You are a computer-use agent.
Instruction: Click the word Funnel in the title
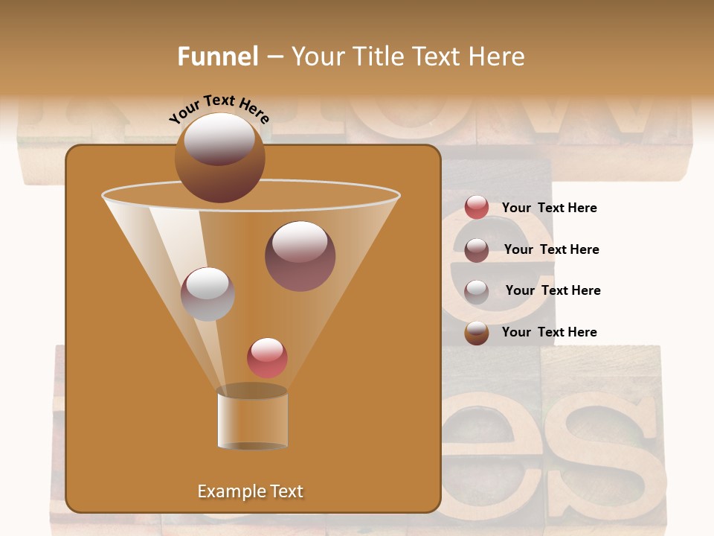tap(217, 57)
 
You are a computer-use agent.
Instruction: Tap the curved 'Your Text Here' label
tap(219, 109)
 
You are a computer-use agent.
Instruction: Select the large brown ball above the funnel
tap(219, 157)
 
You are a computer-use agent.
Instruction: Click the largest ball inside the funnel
tap(300, 255)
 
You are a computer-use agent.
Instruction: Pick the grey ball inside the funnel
tap(208, 294)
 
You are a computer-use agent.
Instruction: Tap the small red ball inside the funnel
tap(267, 357)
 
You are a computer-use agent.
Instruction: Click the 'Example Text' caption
tap(250, 491)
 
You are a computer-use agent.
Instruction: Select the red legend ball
tap(477, 208)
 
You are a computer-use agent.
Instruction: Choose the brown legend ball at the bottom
tap(477, 333)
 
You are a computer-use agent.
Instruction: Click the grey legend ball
tap(477, 291)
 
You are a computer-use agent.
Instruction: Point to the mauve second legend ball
tap(477, 250)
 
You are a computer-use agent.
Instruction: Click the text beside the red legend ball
tap(549, 208)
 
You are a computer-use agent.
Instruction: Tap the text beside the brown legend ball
tap(549, 332)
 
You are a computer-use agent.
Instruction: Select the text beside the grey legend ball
tap(553, 290)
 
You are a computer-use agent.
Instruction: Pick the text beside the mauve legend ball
tap(551, 249)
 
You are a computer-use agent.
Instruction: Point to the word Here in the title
tap(491, 57)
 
